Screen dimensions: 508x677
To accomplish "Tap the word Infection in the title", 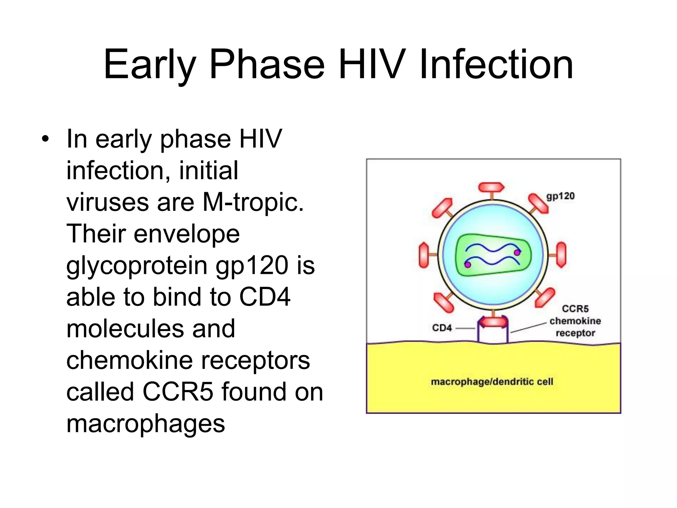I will tap(496, 64).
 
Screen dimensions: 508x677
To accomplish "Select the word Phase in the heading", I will tap(267, 64).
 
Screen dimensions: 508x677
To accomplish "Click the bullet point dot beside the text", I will tap(45, 139).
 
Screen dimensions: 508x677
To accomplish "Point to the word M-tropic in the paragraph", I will tap(253, 202).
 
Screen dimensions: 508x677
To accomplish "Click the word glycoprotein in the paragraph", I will tap(137, 266).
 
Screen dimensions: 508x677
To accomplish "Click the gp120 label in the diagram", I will tap(560, 196).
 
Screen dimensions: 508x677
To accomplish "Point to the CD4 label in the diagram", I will tap(442, 328).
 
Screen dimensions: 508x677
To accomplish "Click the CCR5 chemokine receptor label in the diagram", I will tap(575, 321).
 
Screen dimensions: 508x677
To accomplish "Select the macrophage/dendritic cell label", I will tap(492, 382).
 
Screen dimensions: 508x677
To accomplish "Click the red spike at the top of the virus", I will tap(492, 187).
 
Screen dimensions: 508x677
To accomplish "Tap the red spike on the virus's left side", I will tap(424, 255).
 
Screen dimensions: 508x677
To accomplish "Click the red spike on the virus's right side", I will tap(561, 255).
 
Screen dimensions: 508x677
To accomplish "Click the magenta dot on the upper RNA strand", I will tap(517, 253).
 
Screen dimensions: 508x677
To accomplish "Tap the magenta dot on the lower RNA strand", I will tap(467, 265).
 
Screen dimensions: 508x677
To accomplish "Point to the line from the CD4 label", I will tap(465, 328).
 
